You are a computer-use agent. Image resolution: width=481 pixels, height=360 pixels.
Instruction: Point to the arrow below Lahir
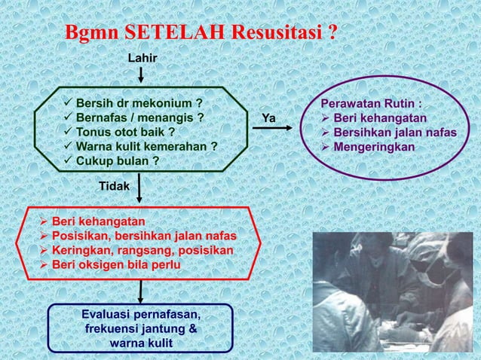point(141,75)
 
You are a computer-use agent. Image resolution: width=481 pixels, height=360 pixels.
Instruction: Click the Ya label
point(268,118)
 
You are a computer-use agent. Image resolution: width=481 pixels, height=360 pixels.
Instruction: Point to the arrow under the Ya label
point(273,131)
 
